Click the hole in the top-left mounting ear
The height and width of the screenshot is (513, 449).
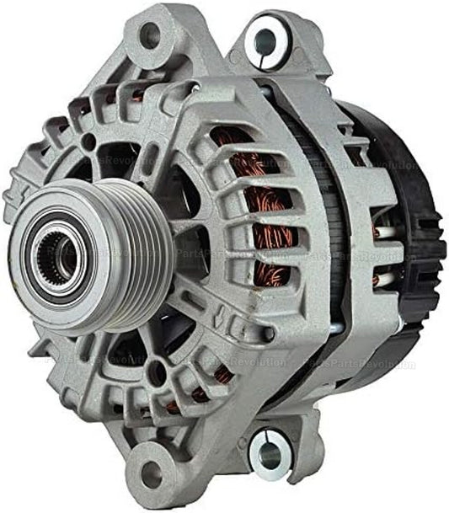[x=149, y=35]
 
